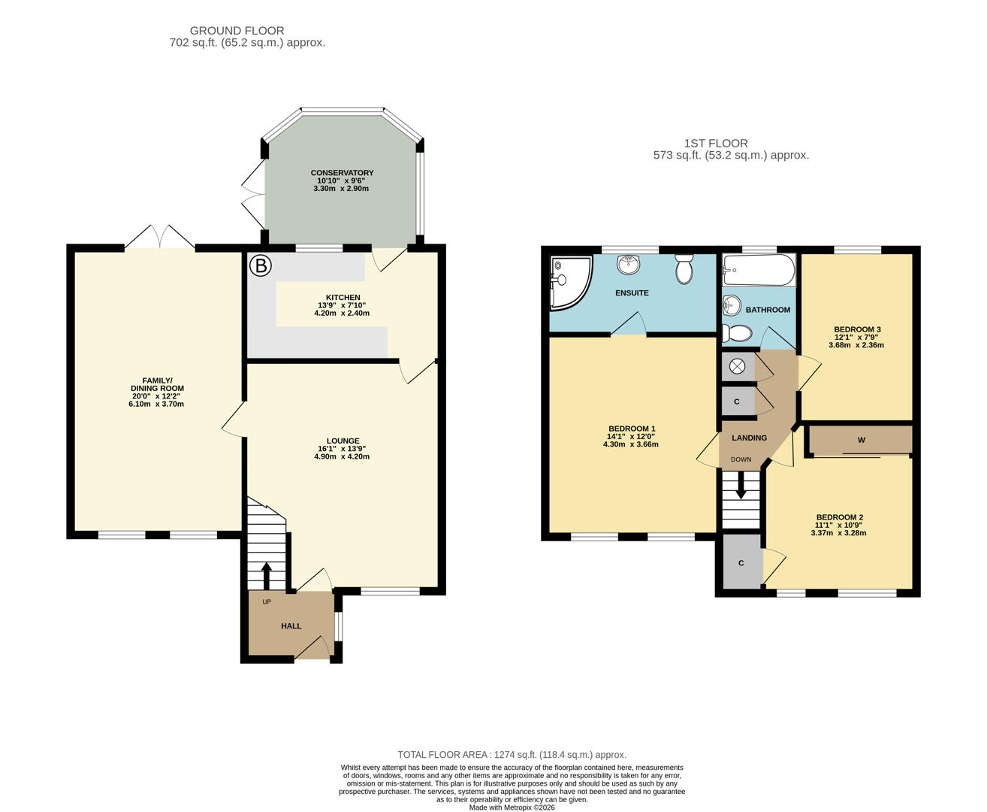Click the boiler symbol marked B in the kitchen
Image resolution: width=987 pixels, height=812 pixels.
click(x=261, y=266)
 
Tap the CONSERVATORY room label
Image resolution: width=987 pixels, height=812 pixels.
click(x=342, y=174)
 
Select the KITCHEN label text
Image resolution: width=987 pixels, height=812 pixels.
click(x=343, y=298)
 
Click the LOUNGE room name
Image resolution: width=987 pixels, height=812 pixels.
click(x=343, y=441)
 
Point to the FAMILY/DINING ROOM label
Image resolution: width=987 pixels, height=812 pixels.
click(x=157, y=384)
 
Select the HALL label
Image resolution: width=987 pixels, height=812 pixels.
click(x=291, y=626)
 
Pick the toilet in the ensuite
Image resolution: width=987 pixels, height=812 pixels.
click(x=684, y=268)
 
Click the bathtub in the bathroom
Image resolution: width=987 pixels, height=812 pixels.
click(x=758, y=270)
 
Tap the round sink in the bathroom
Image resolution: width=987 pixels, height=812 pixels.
click(x=732, y=305)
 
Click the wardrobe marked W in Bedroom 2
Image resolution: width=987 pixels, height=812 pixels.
click(x=861, y=440)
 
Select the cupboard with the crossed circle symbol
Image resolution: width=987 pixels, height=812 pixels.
click(x=737, y=366)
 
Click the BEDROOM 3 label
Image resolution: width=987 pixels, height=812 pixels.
click(x=857, y=329)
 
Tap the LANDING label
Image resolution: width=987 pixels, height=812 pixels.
click(x=749, y=438)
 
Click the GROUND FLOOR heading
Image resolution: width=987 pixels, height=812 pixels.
click(x=237, y=31)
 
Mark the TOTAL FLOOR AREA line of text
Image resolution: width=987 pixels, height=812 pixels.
click(x=512, y=755)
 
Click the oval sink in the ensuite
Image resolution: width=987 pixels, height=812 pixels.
click(x=628, y=264)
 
